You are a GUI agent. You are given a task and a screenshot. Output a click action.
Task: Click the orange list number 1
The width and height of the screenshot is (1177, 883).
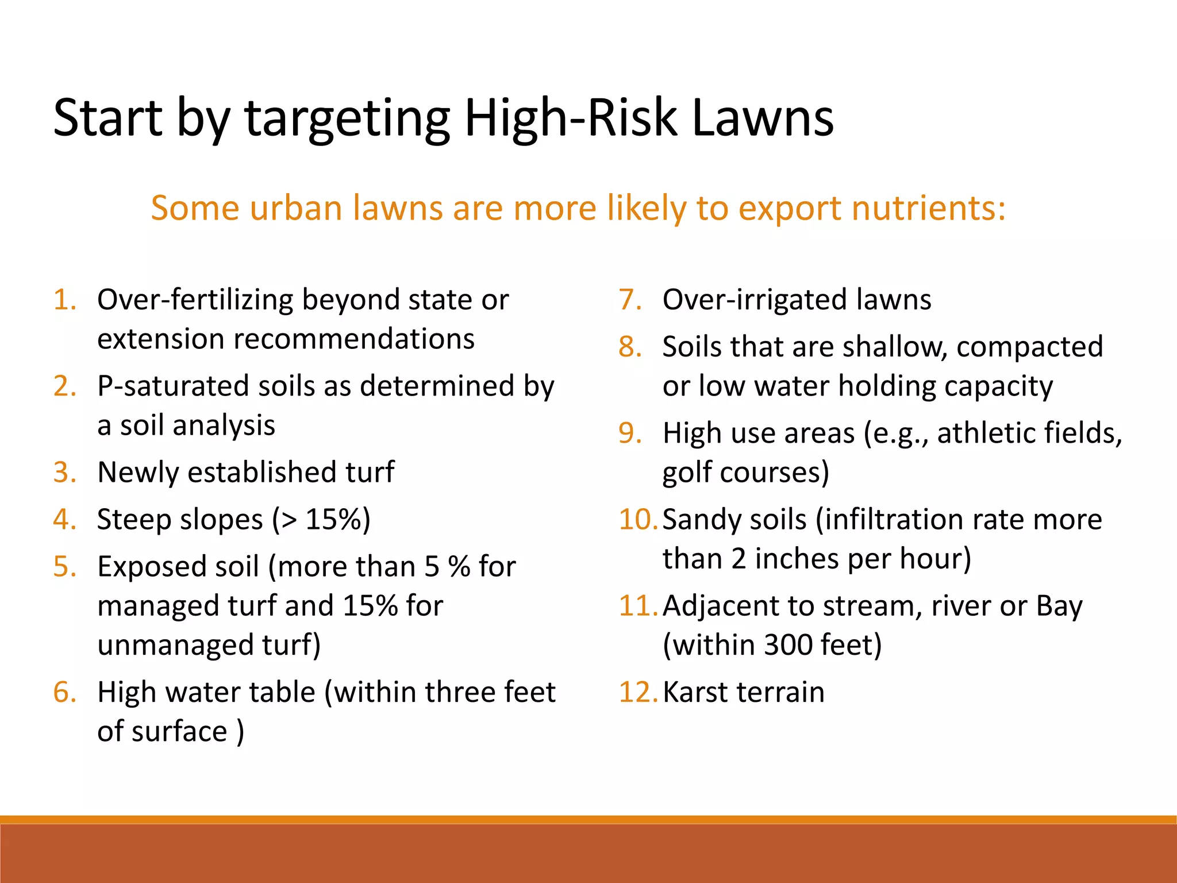pos(64,300)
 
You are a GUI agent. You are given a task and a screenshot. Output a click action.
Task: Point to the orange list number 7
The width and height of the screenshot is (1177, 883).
pos(630,300)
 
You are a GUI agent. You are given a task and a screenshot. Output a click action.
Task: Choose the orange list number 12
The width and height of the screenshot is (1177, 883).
pos(637,692)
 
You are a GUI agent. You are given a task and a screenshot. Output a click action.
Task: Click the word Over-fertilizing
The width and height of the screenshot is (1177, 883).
pos(195,300)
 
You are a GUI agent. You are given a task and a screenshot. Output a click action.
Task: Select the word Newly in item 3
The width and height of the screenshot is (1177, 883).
pos(138,473)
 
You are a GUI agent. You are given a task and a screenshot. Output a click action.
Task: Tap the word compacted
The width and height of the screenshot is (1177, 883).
pos(1029,347)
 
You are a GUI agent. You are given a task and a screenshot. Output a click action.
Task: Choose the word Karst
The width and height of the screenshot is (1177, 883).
pos(694,692)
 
